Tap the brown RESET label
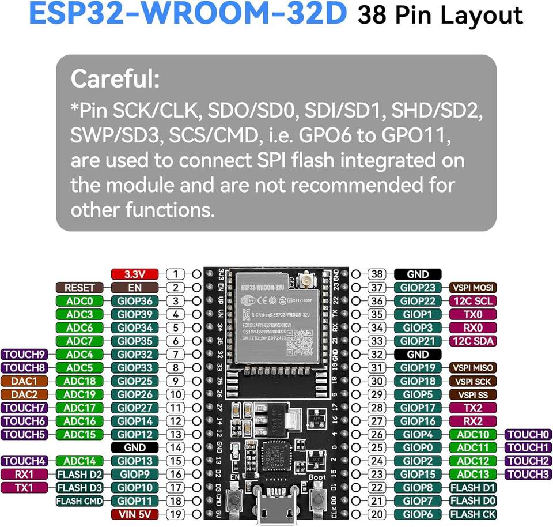(x=79, y=287)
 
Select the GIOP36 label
(x=134, y=300)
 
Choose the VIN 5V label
(x=134, y=514)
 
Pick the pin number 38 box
(x=377, y=274)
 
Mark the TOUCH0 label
(x=528, y=434)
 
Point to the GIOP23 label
(x=418, y=288)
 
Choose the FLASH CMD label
(x=79, y=500)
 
